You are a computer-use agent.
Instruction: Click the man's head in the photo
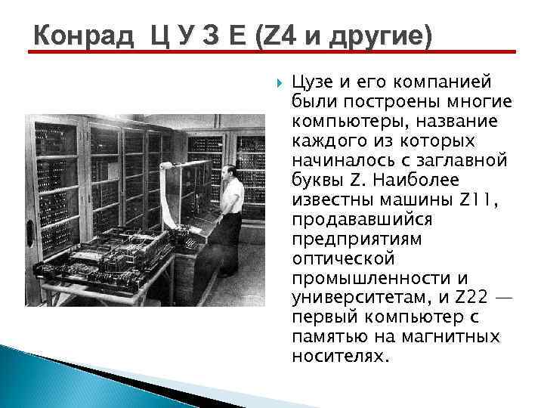click(232, 167)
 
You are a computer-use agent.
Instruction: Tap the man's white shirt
click(232, 194)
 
